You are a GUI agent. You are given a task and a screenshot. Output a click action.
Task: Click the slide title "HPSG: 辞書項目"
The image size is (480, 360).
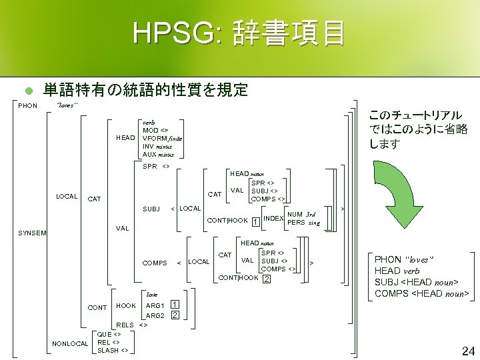[239, 33]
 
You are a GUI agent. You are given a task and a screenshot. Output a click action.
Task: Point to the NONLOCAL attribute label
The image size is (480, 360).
[70, 343]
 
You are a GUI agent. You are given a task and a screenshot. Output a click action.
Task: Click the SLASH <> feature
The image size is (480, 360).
[113, 350]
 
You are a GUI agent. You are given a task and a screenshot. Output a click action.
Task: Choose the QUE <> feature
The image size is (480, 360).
[109, 334]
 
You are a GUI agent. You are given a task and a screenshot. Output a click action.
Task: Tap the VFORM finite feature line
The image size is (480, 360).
[163, 138]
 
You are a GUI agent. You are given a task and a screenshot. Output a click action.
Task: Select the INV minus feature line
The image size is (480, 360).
[157, 146]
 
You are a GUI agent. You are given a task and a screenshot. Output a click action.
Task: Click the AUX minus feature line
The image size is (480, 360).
[158, 154]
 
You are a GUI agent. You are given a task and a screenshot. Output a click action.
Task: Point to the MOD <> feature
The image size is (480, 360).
[155, 130]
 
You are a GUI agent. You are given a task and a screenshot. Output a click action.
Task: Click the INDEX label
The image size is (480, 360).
[273, 218]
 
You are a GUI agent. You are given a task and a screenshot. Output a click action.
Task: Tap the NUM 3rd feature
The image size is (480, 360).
[301, 214]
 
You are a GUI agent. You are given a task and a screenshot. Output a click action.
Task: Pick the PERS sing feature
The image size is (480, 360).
[303, 222]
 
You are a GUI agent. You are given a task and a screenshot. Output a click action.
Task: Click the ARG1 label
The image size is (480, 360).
[155, 305]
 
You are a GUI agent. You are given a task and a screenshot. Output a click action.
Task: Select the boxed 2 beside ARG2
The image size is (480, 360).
[174, 315]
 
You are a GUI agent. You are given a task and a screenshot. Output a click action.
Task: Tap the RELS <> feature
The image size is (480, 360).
[131, 325]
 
